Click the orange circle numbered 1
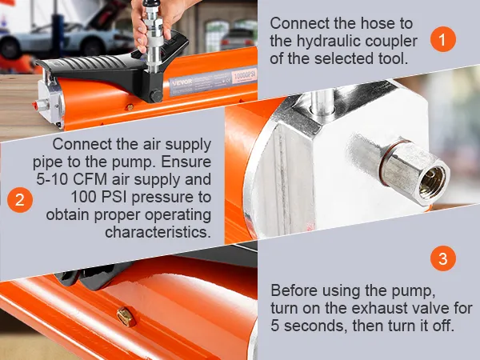(x=443, y=39)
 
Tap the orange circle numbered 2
(x=20, y=200)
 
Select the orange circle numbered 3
(x=443, y=258)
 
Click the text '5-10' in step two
(x=52, y=179)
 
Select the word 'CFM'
(x=90, y=179)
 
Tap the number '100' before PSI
(x=84, y=197)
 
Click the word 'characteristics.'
(x=158, y=232)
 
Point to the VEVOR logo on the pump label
(x=182, y=82)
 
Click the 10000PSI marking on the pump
(x=244, y=76)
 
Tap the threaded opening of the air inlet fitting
(x=432, y=183)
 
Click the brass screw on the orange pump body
(x=126, y=317)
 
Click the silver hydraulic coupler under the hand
(x=153, y=40)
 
